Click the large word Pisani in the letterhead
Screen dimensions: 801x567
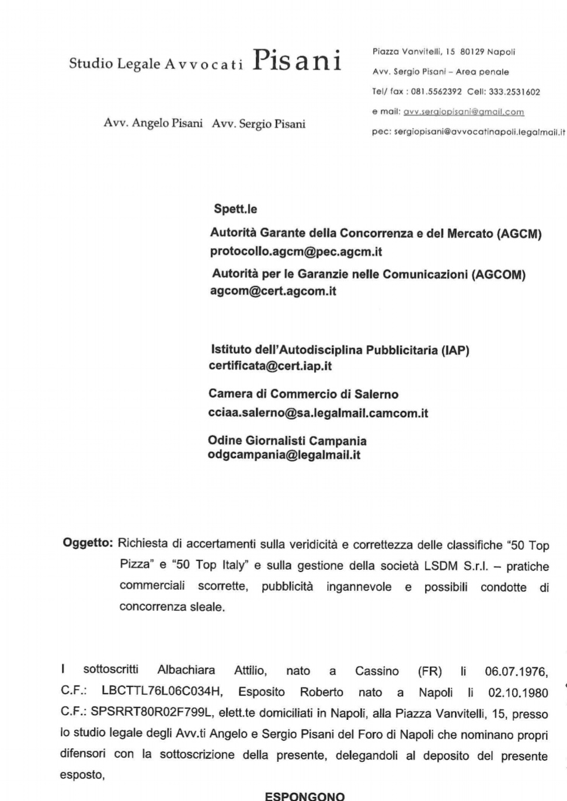coord(297,61)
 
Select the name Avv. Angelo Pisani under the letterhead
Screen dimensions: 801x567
coord(153,124)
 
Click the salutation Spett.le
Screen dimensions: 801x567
coord(235,209)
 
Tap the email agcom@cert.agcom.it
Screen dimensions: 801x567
coord(273,291)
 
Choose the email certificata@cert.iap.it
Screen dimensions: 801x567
coord(270,366)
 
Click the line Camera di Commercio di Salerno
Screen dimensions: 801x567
coord(304,394)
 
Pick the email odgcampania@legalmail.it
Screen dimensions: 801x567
coord(284,455)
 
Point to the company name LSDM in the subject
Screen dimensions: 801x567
coord(444,566)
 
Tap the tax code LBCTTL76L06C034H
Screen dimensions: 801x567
coord(162,692)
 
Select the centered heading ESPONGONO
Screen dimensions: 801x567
coord(305,796)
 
